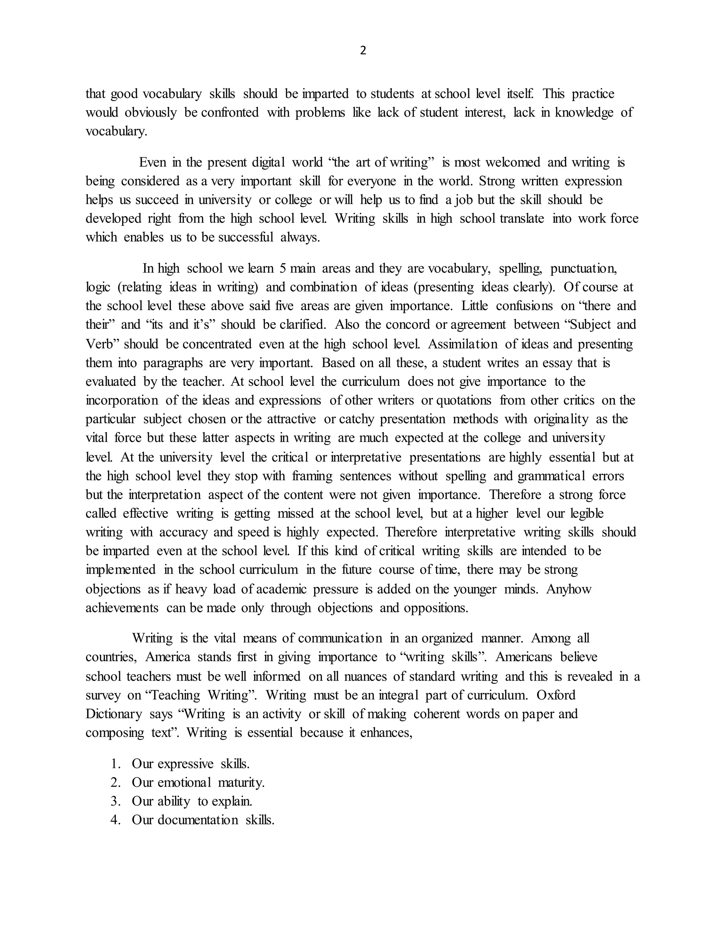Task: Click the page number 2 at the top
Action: pos(363,51)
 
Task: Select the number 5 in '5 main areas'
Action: pos(283,268)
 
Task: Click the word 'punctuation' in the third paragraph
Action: pos(583,268)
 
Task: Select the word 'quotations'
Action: pos(464,400)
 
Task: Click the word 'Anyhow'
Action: pos(569,589)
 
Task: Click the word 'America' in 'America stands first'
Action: pos(168,657)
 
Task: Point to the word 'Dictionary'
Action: pos(113,714)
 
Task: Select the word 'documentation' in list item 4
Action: pos(197,820)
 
